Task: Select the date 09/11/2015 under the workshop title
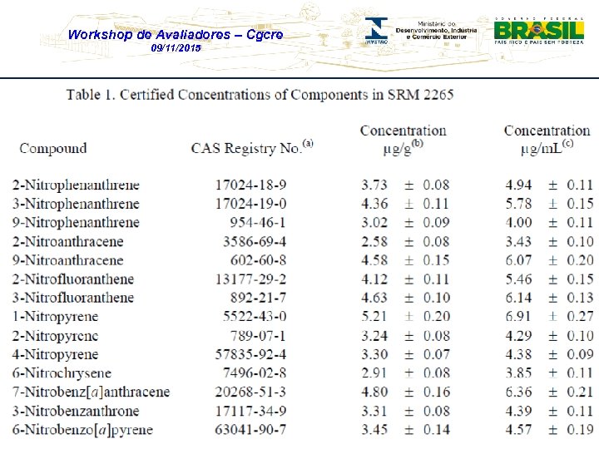pos(176,49)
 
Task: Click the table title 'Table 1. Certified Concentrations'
pos(260,94)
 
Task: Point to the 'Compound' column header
pos(52,149)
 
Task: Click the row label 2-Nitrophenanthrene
pos(76,185)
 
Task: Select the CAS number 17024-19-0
pos(250,204)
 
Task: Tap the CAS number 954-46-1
pos(258,222)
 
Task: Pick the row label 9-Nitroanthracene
pos(67,260)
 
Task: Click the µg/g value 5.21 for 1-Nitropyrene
pos(374,316)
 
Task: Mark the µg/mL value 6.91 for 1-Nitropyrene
pos(518,316)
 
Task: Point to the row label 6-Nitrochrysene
pos(62,373)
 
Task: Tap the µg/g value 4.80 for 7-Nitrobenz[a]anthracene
pos(374,392)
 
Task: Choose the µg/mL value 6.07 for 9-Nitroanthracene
pos(518,260)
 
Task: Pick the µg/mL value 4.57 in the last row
pos(518,429)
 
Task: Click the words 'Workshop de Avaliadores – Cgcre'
pos(175,35)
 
